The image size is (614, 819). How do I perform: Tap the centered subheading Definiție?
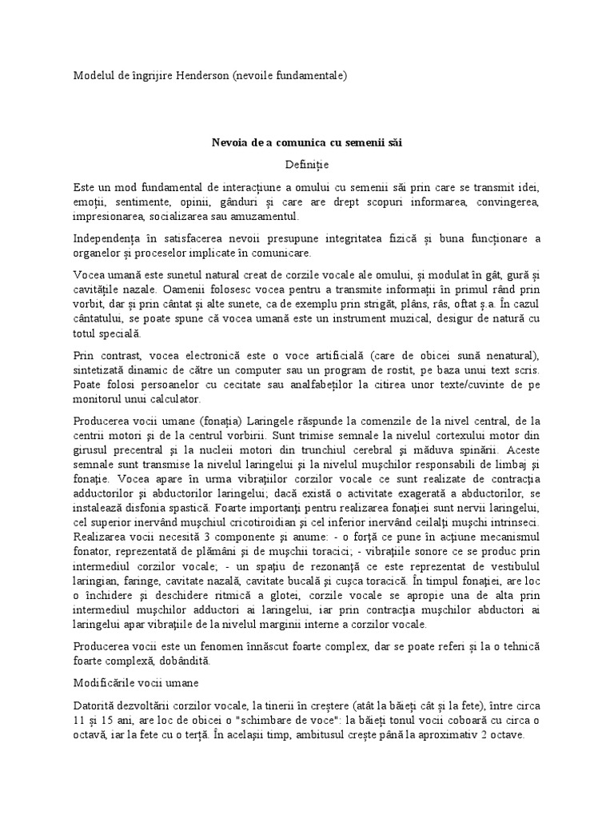pos(307,164)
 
